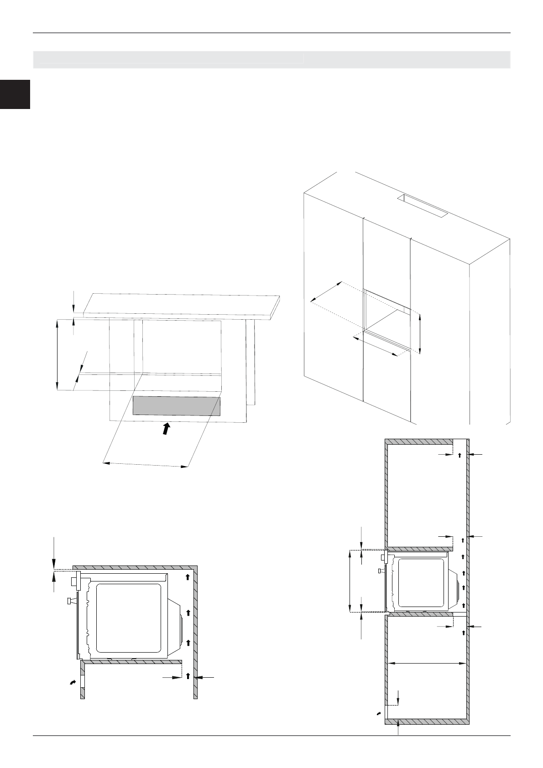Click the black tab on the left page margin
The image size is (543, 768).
pyautogui.click(x=15, y=94)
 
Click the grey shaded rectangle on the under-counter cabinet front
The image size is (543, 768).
pyautogui.click(x=177, y=406)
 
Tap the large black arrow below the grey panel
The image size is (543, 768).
pyautogui.click(x=167, y=429)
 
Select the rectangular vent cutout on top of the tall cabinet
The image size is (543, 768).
pyautogui.click(x=423, y=206)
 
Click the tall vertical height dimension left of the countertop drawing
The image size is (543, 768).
pyautogui.click(x=57, y=355)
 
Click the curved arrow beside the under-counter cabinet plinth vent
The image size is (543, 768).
pyautogui.click(x=72, y=682)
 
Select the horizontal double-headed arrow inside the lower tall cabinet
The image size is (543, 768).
pyautogui.click(x=427, y=664)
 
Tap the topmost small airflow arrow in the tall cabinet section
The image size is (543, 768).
pyautogui.click(x=460, y=455)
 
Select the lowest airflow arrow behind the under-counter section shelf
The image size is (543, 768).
pyautogui.click(x=188, y=676)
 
